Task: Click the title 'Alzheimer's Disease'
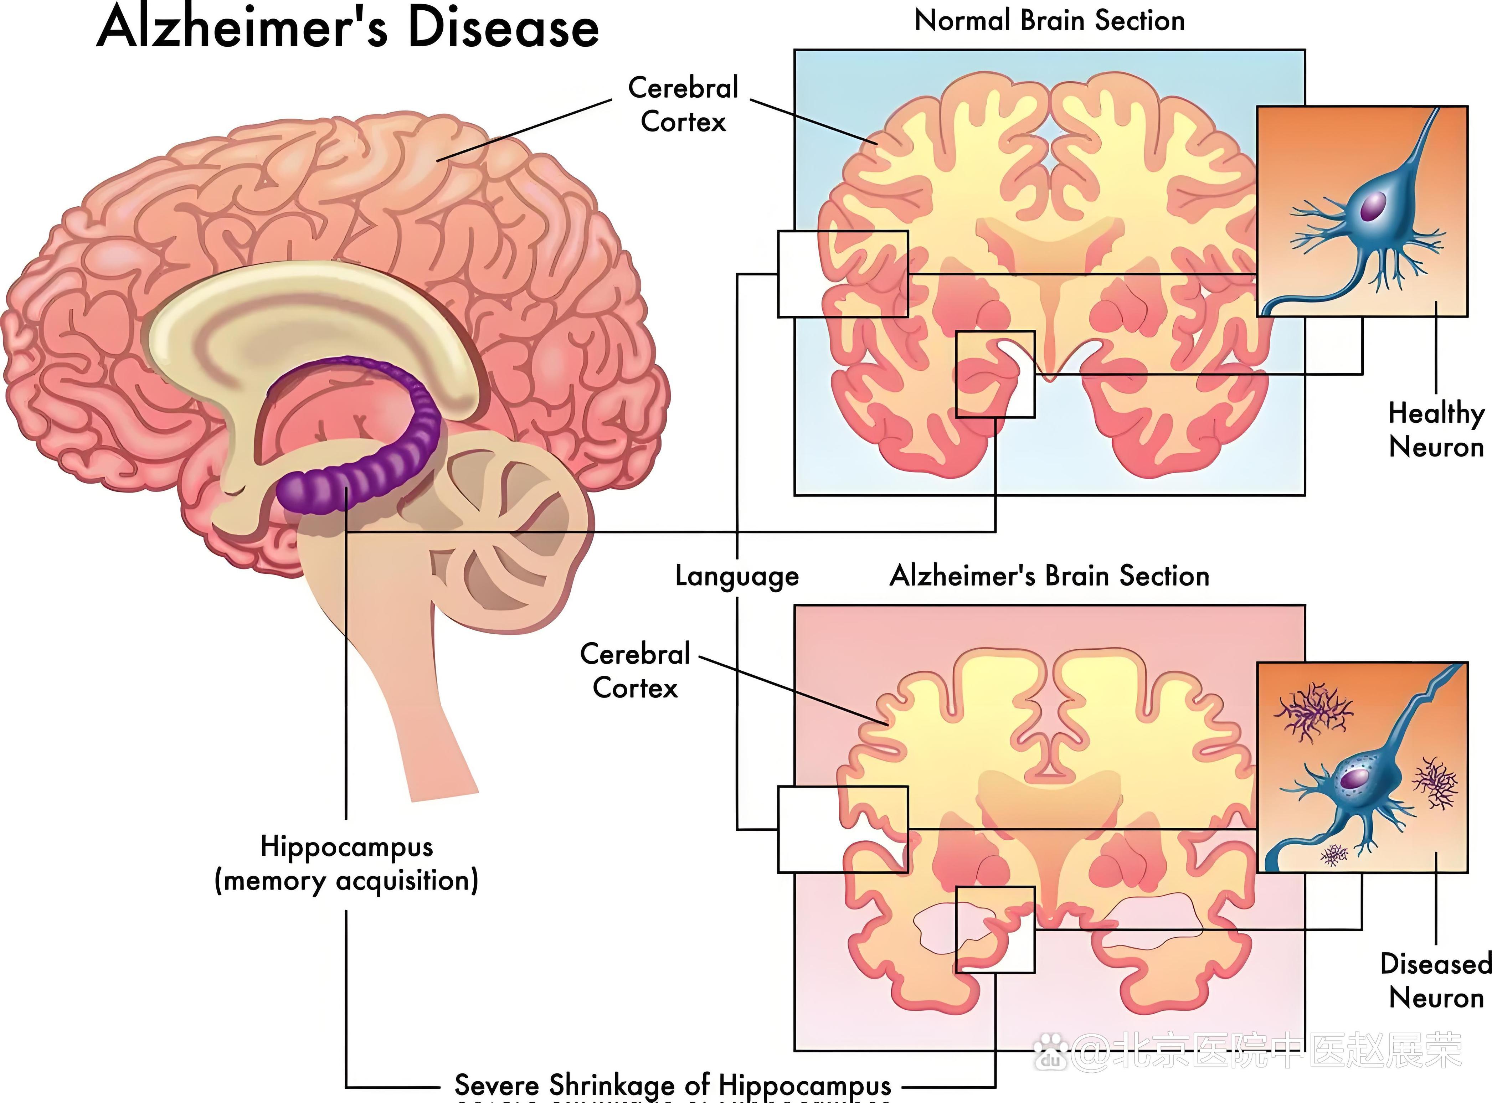click(347, 28)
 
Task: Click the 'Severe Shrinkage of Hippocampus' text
click(672, 1085)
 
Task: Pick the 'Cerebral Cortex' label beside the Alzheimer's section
click(635, 670)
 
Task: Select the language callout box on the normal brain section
click(843, 274)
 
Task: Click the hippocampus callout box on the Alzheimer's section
click(995, 929)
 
